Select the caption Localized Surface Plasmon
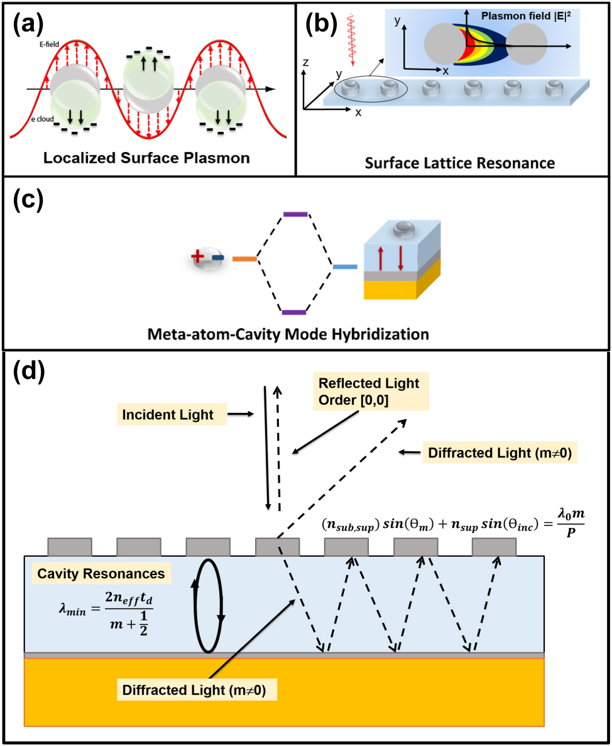coord(146,158)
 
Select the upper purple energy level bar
coord(295,215)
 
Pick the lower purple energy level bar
coord(293,312)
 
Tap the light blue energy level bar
coord(344,268)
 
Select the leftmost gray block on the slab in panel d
coord(70,547)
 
